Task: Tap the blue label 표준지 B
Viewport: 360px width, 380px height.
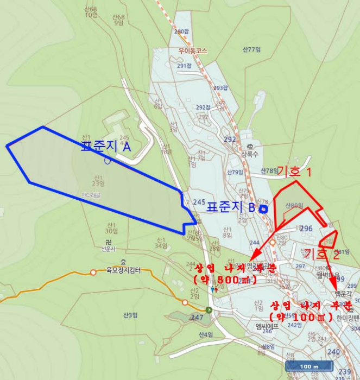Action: pos(230,207)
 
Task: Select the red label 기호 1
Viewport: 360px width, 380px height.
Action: pos(294,173)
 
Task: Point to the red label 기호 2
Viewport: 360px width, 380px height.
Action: pos(323,254)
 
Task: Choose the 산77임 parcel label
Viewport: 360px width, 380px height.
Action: pos(252,49)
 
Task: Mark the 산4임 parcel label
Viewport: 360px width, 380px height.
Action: pos(206,334)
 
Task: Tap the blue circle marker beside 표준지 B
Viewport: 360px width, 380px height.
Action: pos(263,208)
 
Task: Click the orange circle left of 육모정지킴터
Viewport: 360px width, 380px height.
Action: pos(93,272)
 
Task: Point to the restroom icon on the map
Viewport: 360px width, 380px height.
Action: pos(215,289)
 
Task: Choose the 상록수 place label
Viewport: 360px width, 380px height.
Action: pos(252,154)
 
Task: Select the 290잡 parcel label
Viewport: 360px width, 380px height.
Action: pos(181,31)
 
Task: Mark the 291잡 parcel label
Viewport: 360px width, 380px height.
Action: pos(185,66)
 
